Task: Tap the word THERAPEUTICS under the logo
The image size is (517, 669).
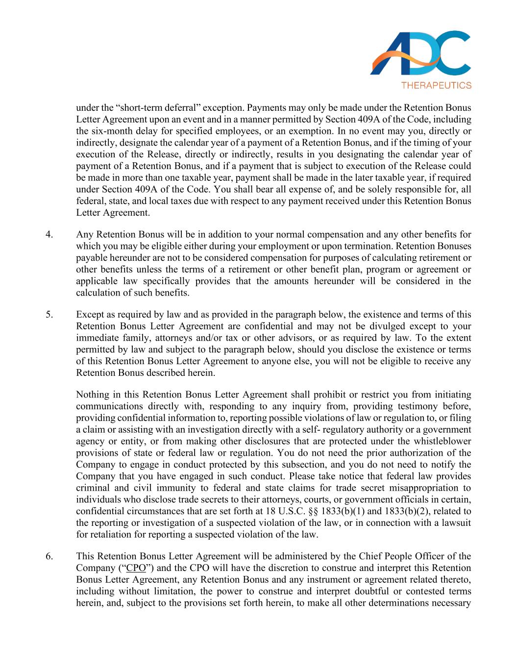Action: click(436, 85)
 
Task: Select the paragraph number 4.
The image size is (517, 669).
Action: click(49, 234)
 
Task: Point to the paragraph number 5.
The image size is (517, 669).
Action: click(49, 315)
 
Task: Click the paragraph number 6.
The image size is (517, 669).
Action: click(49, 556)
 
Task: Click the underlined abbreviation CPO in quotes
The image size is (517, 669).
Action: click(135, 568)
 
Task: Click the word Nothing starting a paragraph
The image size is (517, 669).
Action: click(92, 395)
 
